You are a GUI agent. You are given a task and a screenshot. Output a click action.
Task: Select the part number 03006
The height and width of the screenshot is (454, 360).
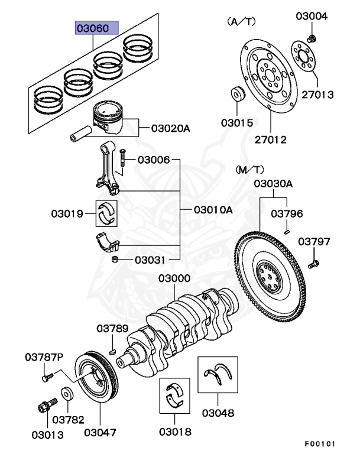click(154, 160)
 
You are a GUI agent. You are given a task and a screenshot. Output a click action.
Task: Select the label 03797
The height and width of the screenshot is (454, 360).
click(314, 241)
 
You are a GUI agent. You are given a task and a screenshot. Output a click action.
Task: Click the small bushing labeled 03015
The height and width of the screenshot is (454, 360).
click(239, 95)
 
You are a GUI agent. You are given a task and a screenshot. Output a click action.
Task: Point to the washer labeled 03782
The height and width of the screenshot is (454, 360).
click(67, 393)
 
